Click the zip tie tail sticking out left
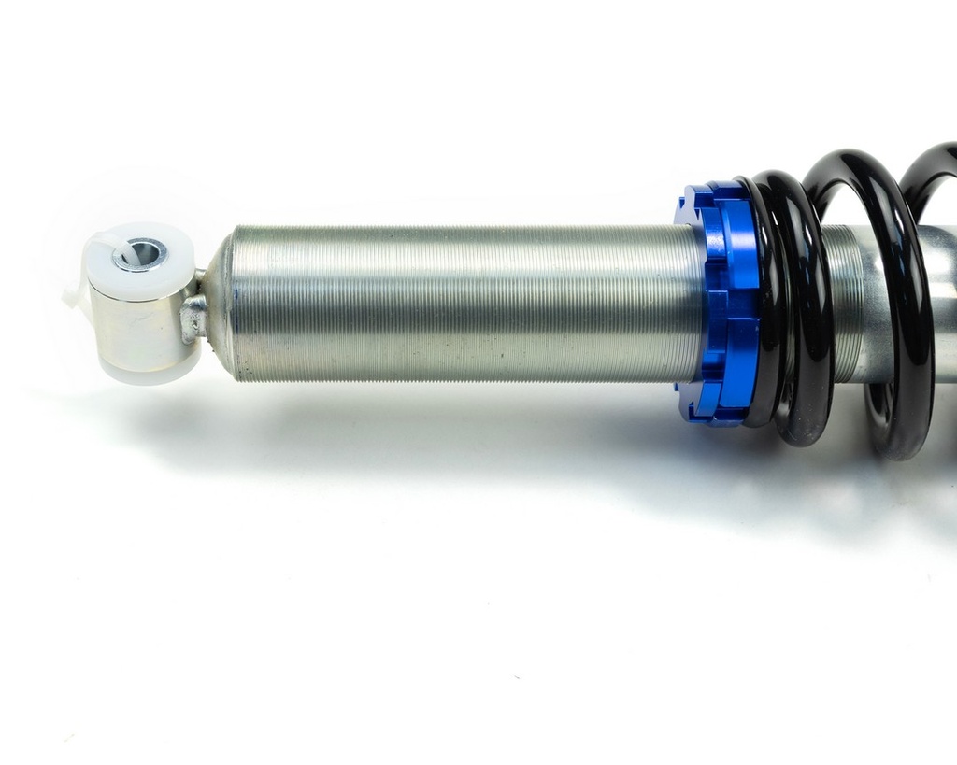click(73, 297)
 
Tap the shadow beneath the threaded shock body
click(421, 420)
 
